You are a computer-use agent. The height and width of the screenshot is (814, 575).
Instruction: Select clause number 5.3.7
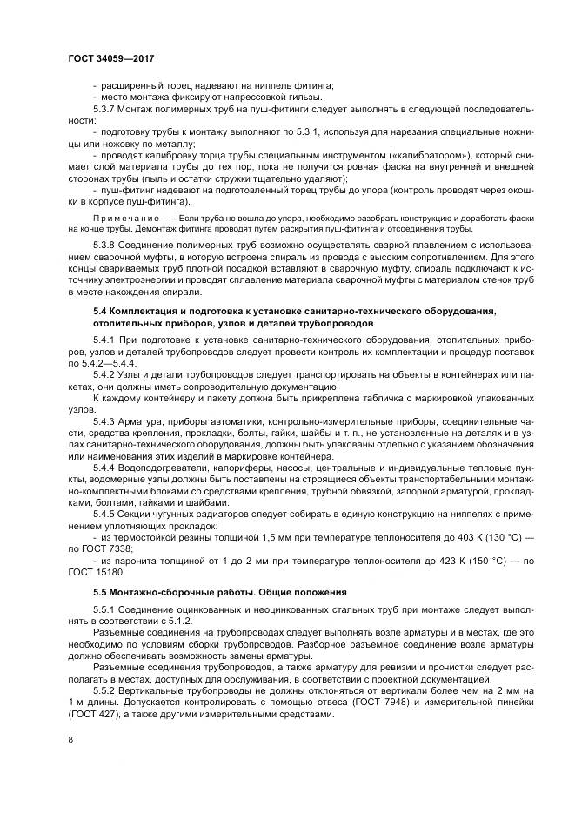click(107, 109)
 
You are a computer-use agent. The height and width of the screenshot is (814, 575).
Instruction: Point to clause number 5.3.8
click(107, 246)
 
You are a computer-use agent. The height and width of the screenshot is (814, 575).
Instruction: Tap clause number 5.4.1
click(107, 337)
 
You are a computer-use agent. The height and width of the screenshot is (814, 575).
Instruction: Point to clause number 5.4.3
click(107, 420)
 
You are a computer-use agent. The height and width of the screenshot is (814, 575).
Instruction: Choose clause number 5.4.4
click(107, 468)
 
